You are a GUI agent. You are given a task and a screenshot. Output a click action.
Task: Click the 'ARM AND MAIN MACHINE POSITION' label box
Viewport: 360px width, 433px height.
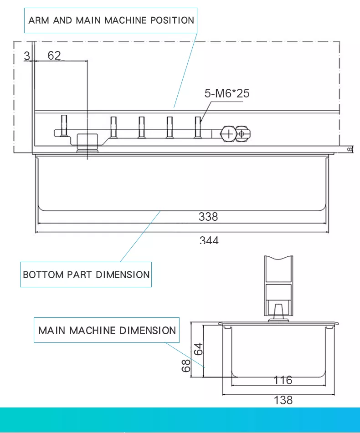tap(111, 20)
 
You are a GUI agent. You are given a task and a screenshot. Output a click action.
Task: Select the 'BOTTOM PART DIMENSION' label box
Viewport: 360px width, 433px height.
tap(86, 275)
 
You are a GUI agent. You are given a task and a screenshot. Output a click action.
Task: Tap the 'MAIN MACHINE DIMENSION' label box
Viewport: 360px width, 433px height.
tap(107, 330)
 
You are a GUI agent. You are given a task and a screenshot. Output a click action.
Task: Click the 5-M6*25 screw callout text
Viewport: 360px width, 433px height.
tap(227, 93)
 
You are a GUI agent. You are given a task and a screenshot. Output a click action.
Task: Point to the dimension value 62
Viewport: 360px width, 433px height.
tap(54, 56)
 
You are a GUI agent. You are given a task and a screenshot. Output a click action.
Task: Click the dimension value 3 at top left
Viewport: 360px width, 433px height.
tap(27, 56)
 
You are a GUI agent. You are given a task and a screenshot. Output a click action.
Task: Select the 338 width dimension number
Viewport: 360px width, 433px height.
tap(208, 217)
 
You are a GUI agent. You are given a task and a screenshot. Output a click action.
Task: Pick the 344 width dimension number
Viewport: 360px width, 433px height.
tap(209, 239)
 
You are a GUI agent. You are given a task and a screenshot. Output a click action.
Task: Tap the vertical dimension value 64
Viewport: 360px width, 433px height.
tap(198, 349)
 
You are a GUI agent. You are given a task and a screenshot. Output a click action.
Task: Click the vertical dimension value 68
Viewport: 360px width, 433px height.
tap(186, 366)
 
